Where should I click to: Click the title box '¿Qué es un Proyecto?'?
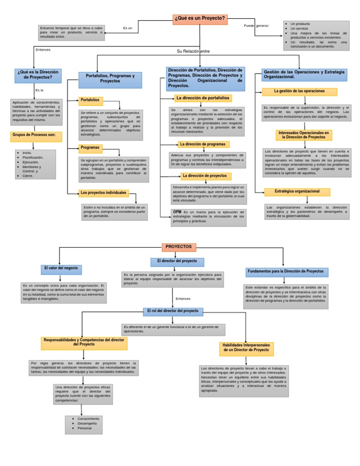click(200, 19)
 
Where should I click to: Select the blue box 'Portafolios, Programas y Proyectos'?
click(110, 78)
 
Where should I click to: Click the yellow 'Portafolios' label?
click(90, 100)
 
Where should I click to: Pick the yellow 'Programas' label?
click(90, 147)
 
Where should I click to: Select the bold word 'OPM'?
click(177, 212)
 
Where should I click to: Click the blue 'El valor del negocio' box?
click(61, 269)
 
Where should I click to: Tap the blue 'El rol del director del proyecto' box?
click(172, 311)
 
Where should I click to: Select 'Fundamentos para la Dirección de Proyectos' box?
click(287, 271)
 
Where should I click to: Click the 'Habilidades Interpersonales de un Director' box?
click(246, 347)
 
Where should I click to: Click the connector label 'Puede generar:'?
click(256, 26)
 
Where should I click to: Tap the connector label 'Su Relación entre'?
click(193, 51)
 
